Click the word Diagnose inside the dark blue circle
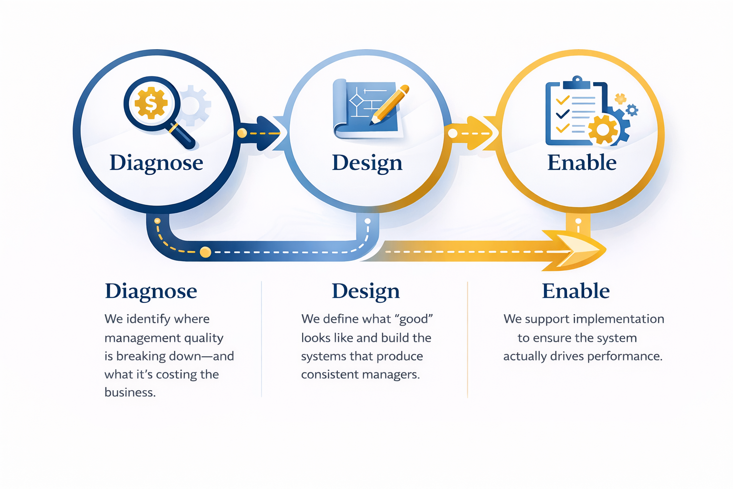[157, 163]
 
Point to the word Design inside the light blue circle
[367, 163]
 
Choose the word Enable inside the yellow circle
[582, 163]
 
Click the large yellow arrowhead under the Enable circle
[580, 250]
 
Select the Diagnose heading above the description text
[151, 291]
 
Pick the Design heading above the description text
[366, 291]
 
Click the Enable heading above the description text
[576, 291]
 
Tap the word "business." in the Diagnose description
[130, 393]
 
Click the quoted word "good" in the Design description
[414, 319]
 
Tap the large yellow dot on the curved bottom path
[206, 252]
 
